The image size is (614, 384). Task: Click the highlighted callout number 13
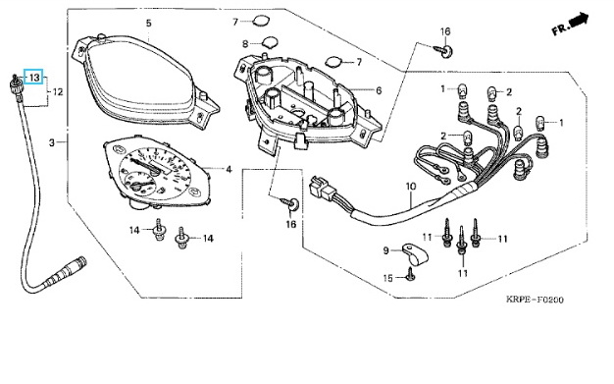[34, 78]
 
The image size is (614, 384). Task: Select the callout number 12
[58, 92]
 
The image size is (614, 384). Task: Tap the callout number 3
[52, 142]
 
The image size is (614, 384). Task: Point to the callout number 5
[148, 24]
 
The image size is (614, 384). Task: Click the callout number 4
[230, 170]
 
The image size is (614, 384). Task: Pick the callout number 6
[379, 90]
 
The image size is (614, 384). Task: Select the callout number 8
[245, 44]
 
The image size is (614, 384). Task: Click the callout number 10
[410, 187]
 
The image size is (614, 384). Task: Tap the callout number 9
[385, 250]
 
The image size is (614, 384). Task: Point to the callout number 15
[387, 278]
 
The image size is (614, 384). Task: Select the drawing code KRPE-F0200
[535, 300]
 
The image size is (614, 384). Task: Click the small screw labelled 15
[410, 274]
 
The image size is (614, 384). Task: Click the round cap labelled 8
[270, 42]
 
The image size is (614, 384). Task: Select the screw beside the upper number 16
[443, 50]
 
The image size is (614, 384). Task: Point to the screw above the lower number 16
[290, 202]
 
